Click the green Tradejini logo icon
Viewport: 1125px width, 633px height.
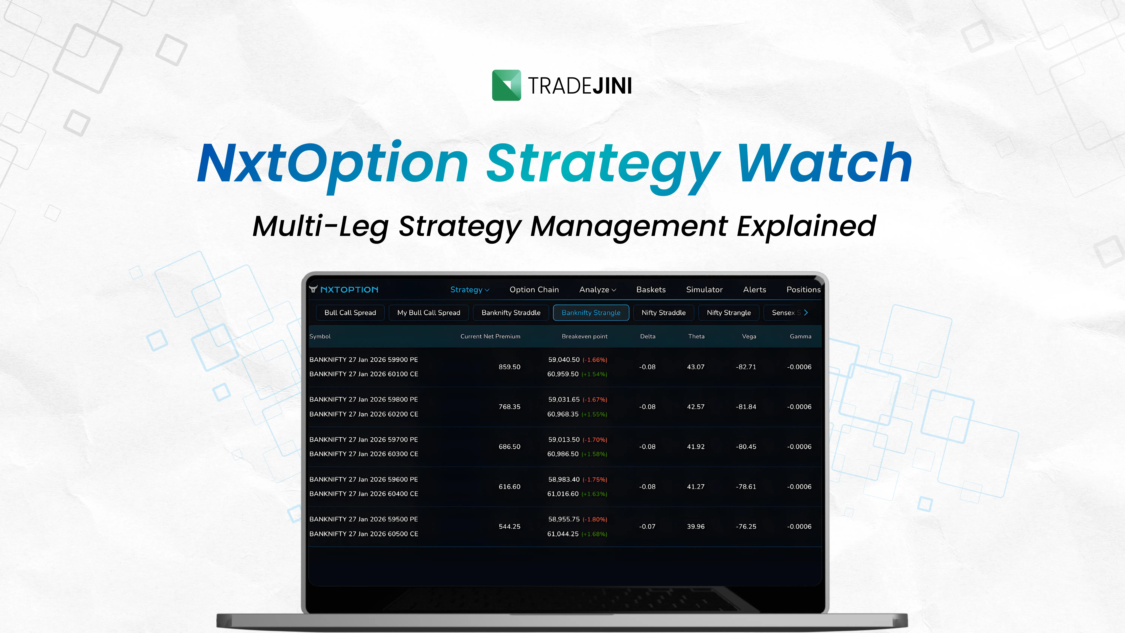pos(506,85)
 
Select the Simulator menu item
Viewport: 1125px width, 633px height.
pos(704,290)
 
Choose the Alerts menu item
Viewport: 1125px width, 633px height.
pos(754,290)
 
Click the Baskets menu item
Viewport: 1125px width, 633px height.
pos(651,290)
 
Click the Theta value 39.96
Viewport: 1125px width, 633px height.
pos(696,526)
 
